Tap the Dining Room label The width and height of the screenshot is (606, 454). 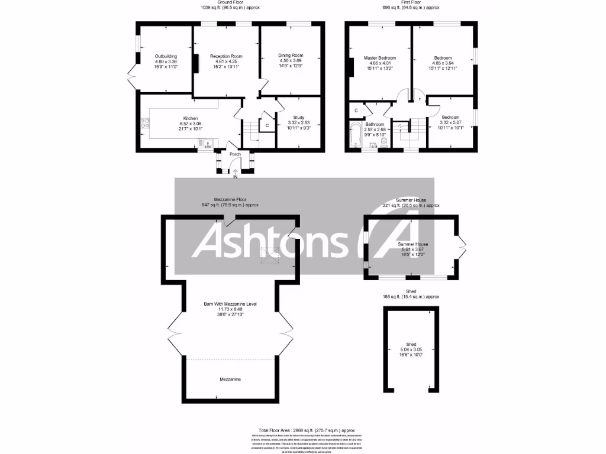click(x=291, y=56)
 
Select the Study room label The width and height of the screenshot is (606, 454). click(x=299, y=118)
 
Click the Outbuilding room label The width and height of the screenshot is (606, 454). click(x=166, y=56)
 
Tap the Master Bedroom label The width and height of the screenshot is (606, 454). click(x=380, y=58)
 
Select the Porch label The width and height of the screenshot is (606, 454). click(x=236, y=155)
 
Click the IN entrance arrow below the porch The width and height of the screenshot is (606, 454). click(x=236, y=173)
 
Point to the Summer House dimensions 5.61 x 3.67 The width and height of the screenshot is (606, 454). click(x=413, y=249)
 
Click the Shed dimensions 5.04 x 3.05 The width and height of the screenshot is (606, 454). click(x=411, y=350)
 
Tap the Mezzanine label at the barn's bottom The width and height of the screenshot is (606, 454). click(x=230, y=379)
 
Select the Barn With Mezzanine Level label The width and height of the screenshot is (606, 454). click(x=230, y=304)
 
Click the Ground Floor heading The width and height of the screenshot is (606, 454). click(x=230, y=2)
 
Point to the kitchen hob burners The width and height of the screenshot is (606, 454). click(x=144, y=124)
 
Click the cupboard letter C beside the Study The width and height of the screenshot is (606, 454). click(x=267, y=125)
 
